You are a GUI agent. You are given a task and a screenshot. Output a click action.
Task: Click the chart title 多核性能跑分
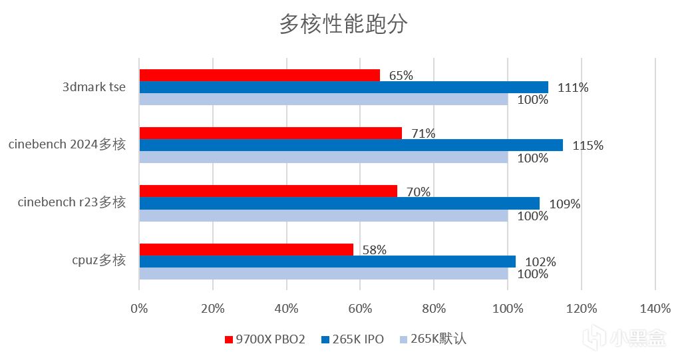click(x=343, y=25)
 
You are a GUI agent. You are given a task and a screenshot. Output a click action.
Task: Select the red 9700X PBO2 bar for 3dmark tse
click(x=259, y=75)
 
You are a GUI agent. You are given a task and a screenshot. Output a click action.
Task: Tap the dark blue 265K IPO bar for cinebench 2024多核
click(x=351, y=145)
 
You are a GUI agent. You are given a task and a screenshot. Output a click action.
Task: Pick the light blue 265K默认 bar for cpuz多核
click(x=323, y=273)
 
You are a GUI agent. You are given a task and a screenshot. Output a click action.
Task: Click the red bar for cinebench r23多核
click(x=268, y=191)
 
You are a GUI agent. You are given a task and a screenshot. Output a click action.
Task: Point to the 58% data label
click(x=375, y=250)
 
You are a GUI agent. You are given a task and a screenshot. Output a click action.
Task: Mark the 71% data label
click(x=423, y=134)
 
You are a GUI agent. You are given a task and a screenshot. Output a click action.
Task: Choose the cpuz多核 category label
click(x=99, y=261)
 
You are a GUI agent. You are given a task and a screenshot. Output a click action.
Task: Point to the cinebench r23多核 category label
click(x=72, y=203)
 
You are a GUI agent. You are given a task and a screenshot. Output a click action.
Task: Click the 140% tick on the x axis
click(x=655, y=308)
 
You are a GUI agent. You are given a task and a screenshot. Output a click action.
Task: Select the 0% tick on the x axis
click(x=139, y=308)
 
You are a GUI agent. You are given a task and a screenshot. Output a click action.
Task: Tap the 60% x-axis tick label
click(x=360, y=308)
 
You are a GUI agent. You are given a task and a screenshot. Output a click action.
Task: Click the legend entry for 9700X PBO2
click(x=265, y=339)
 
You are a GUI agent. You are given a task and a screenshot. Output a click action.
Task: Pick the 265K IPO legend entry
click(x=352, y=339)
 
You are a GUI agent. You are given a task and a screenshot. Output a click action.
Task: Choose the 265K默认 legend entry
click(x=432, y=339)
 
